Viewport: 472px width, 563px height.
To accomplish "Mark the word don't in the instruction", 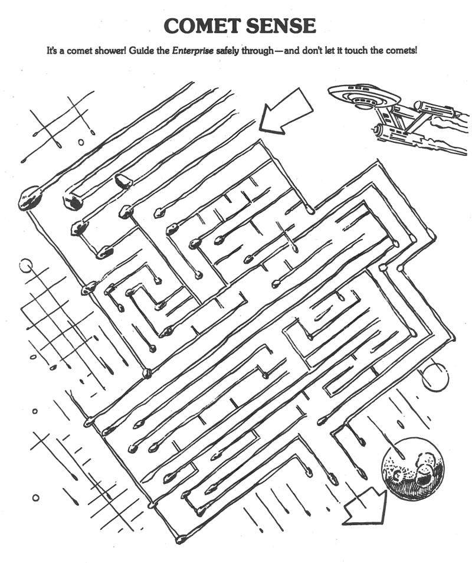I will [x=310, y=51].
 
